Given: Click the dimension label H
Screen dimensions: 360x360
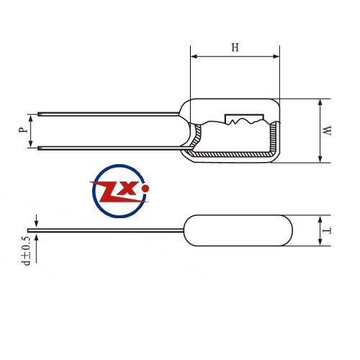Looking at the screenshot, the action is click(x=235, y=48).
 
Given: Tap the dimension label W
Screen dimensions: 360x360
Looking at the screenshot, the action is click(x=327, y=130).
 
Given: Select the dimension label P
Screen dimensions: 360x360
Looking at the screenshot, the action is click(x=23, y=130).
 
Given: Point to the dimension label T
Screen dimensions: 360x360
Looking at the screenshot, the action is click(x=327, y=231).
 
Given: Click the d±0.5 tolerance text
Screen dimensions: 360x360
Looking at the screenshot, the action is click(x=26, y=251).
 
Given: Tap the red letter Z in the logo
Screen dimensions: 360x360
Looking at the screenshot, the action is click(x=116, y=192).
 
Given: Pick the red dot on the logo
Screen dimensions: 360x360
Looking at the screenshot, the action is click(x=145, y=189).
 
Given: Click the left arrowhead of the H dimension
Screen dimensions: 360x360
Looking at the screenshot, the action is click(x=194, y=57).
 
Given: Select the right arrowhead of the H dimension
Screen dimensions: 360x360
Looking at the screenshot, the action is click(x=276, y=57).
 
